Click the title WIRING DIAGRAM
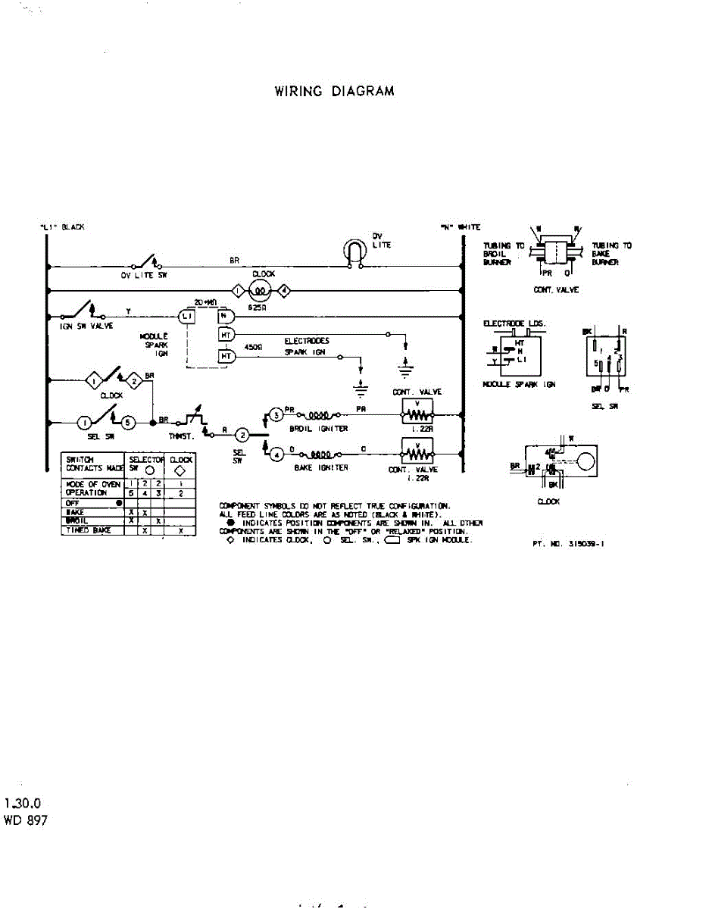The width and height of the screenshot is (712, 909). tap(334, 92)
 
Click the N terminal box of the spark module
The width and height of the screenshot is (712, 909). tap(224, 315)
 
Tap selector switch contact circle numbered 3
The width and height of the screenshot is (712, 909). tap(276, 415)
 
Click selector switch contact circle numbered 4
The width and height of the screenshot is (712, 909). tap(276, 454)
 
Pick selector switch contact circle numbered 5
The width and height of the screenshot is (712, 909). tap(129, 422)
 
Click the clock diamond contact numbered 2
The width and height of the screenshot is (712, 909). tap(133, 381)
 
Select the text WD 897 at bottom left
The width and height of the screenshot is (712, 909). tap(26, 820)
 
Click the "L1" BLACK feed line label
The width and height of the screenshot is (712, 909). tap(63, 227)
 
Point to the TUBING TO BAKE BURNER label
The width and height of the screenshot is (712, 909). tap(611, 254)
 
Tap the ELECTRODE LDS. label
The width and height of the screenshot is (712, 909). tap(514, 323)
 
